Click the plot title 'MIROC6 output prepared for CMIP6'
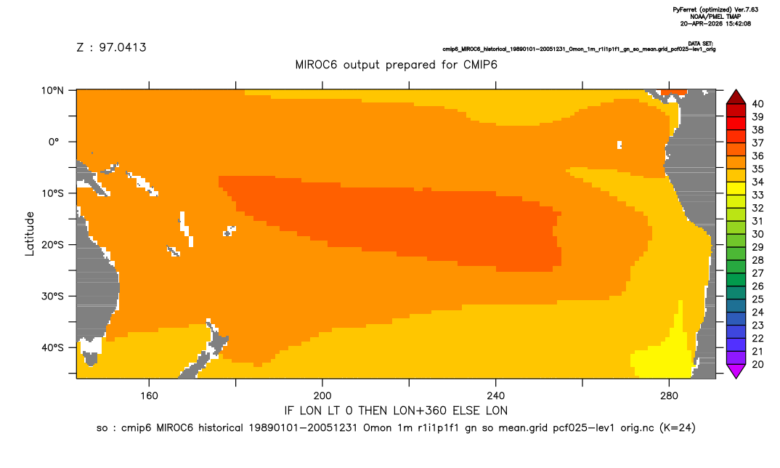point(396,65)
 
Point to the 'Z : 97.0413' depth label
point(111,47)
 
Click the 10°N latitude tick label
point(52,91)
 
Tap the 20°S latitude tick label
point(52,245)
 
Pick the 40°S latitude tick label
point(52,347)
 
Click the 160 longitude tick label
point(149,396)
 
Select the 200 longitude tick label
point(322,396)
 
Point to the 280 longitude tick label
point(669,396)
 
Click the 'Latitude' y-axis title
point(30,234)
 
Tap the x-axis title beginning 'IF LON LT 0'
point(396,411)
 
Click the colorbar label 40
point(757,104)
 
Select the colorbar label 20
point(757,364)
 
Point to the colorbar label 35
point(757,169)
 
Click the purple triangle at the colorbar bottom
point(736,371)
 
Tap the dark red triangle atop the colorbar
point(736,97)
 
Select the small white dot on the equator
point(619,145)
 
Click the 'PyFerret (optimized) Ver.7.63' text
point(715,9)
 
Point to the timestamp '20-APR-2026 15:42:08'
point(715,23)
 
